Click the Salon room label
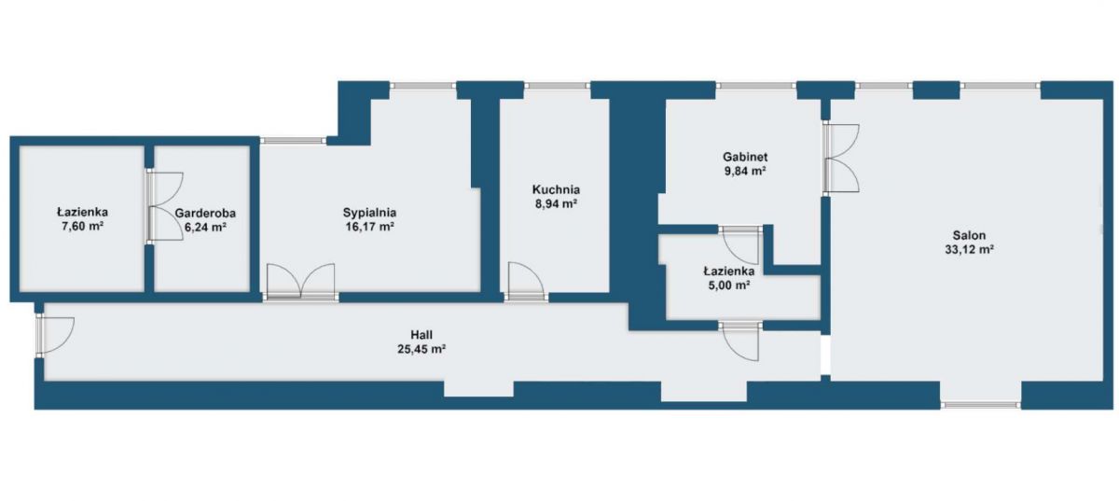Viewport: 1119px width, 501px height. pyautogui.click(x=969, y=235)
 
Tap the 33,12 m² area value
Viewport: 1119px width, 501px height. pyautogui.click(x=969, y=249)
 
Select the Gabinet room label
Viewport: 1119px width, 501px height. pyautogui.click(x=745, y=157)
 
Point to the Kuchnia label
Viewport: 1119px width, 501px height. pyautogui.click(x=556, y=190)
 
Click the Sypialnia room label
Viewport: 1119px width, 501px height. pyautogui.click(x=369, y=213)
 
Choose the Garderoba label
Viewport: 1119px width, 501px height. pyautogui.click(x=205, y=213)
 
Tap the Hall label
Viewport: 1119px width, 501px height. pyautogui.click(x=421, y=335)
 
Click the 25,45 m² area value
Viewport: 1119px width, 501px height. pyautogui.click(x=421, y=349)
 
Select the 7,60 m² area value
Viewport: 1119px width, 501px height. pyautogui.click(x=82, y=226)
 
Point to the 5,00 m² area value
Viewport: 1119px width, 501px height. pyautogui.click(x=729, y=285)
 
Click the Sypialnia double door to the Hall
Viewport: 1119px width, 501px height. pyautogui.click(x=300, y=283)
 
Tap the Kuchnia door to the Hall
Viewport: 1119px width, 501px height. pyautogui.click(x=526, y=282)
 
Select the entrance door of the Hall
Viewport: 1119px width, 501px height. pyautogui.click(x=55, y=335)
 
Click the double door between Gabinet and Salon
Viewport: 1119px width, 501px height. pyautogui.click(x=841, y=158)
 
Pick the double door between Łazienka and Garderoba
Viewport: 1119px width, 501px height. pyautogui.click(x=165, y=206)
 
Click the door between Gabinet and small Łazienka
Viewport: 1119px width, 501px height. pyautogui.click(x=740, y=244)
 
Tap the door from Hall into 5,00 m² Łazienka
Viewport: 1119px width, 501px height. pyautogui.click(x=740, y=341)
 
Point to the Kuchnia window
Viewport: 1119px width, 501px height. pyautogui.click(x=558, y=86)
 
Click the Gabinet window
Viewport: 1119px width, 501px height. pyautogui.click(x=756, y=86)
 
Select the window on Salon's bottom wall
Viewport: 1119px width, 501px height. pyautogui.click(x=981, y=405)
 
